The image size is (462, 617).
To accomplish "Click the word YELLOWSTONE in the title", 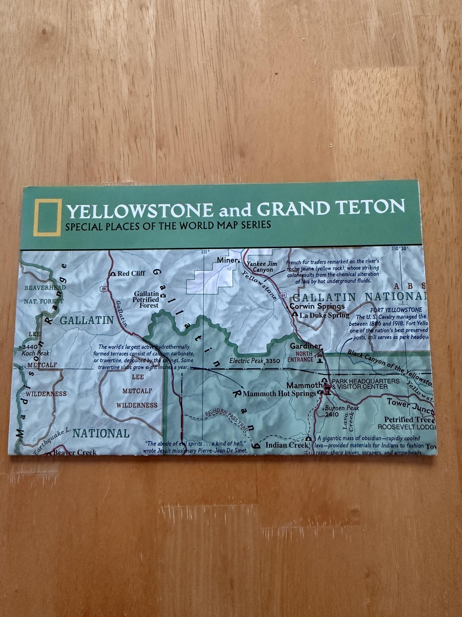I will tap(140, 211).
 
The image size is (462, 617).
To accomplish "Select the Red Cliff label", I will tap(131, 273).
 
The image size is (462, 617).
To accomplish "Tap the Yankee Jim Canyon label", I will tap(262, 267).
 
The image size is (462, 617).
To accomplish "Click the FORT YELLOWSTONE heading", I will tap(396, 310).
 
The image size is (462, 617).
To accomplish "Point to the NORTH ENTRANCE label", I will tap(300, 357).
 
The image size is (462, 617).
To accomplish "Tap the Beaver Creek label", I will tap(75, 452).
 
